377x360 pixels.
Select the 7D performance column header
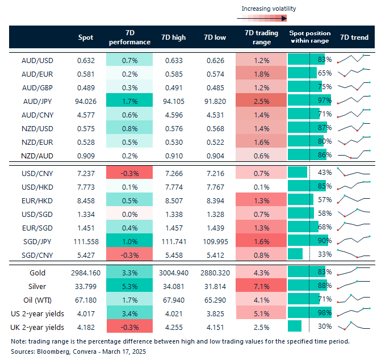pyautogui.click(x=129, y=37)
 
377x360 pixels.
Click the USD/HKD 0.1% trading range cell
pyautogui.click(x=261, y=185)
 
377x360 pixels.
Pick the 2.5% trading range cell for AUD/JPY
pyautogui.click(x=261, y=101)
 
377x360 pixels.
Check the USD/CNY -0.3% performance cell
pyautogui.click(x=129, y=171)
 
